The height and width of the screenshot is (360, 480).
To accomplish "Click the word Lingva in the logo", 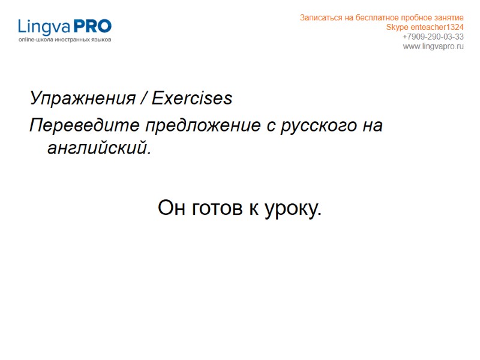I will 44,27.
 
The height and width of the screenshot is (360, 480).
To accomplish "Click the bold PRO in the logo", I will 92,26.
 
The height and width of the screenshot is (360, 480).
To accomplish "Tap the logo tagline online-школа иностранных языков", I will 65,40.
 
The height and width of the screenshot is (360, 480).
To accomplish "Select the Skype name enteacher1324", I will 437,28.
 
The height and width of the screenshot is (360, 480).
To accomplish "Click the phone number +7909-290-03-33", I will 433,37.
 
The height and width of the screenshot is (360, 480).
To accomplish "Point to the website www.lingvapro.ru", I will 433,47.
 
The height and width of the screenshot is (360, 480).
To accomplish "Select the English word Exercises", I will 192,98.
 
